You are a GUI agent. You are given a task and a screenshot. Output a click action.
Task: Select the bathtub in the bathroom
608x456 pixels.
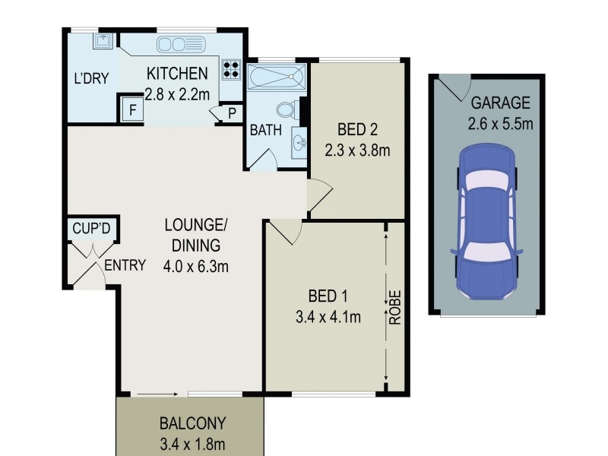pos(277,78)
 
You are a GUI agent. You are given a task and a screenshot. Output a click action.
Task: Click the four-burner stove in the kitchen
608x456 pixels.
pos(232,71)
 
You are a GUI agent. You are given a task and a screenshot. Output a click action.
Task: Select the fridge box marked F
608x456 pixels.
pos(132,109)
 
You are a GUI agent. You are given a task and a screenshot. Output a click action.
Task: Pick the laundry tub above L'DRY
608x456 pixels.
pos(102,40)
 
